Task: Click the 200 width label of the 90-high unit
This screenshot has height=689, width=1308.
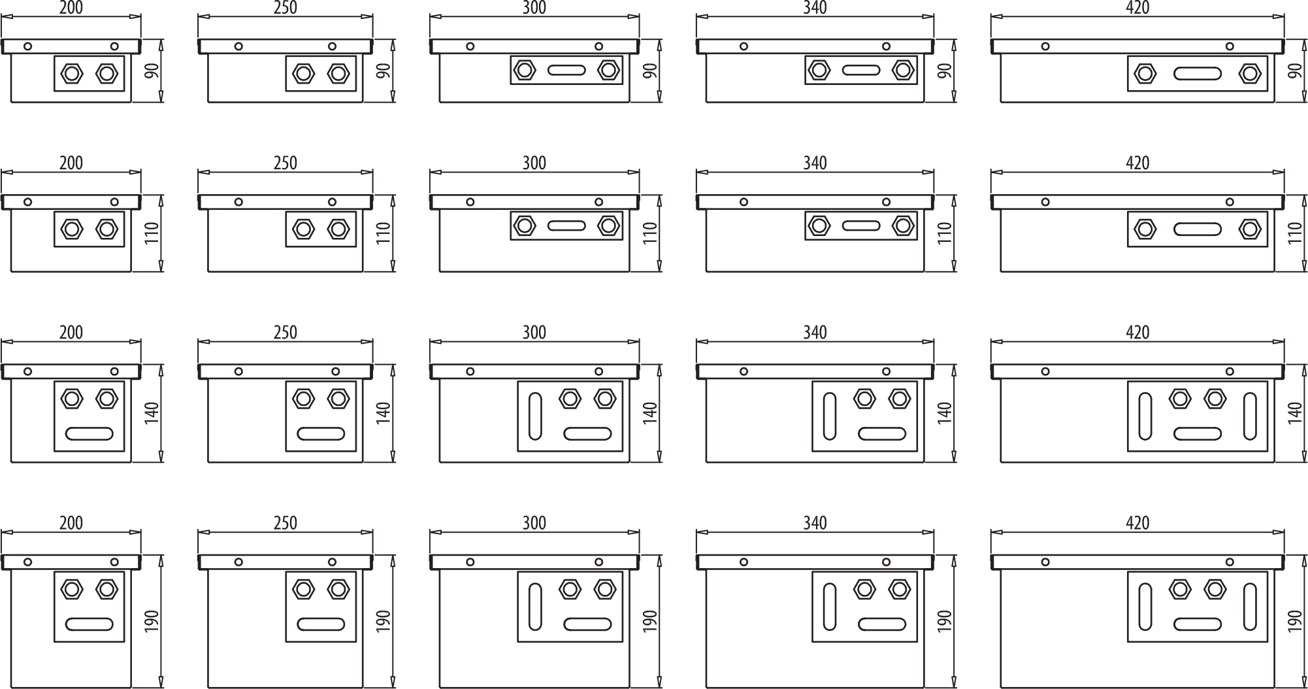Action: [71, 8]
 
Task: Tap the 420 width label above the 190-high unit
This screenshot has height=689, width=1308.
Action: [1137, 523]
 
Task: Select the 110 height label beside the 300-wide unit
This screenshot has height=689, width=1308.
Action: [650, 233]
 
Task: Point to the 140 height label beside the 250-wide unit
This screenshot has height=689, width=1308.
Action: [384, 413]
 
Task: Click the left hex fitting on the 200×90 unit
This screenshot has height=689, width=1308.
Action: [71, 73]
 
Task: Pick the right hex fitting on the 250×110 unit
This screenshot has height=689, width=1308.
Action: [338, 229]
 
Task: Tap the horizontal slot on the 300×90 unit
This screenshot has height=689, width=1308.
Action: [566, 70]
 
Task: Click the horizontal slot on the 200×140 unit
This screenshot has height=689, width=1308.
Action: [90, 433]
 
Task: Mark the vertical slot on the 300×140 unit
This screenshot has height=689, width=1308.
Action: [535, 416]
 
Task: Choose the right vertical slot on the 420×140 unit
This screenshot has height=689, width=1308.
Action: [1250, 416]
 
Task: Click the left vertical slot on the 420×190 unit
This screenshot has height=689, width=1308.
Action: [1145, 607]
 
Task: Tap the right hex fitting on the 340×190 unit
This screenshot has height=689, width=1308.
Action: [900, 589]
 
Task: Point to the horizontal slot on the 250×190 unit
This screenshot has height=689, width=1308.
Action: [321, 624]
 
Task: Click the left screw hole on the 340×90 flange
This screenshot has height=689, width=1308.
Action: [744, 46]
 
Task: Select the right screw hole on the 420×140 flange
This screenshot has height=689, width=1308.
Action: [1230, 371]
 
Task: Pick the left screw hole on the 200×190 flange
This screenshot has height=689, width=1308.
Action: [27, 562]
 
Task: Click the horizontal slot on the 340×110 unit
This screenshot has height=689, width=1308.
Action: [861, 226]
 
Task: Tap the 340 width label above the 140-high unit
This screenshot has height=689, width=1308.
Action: [815, 332]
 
